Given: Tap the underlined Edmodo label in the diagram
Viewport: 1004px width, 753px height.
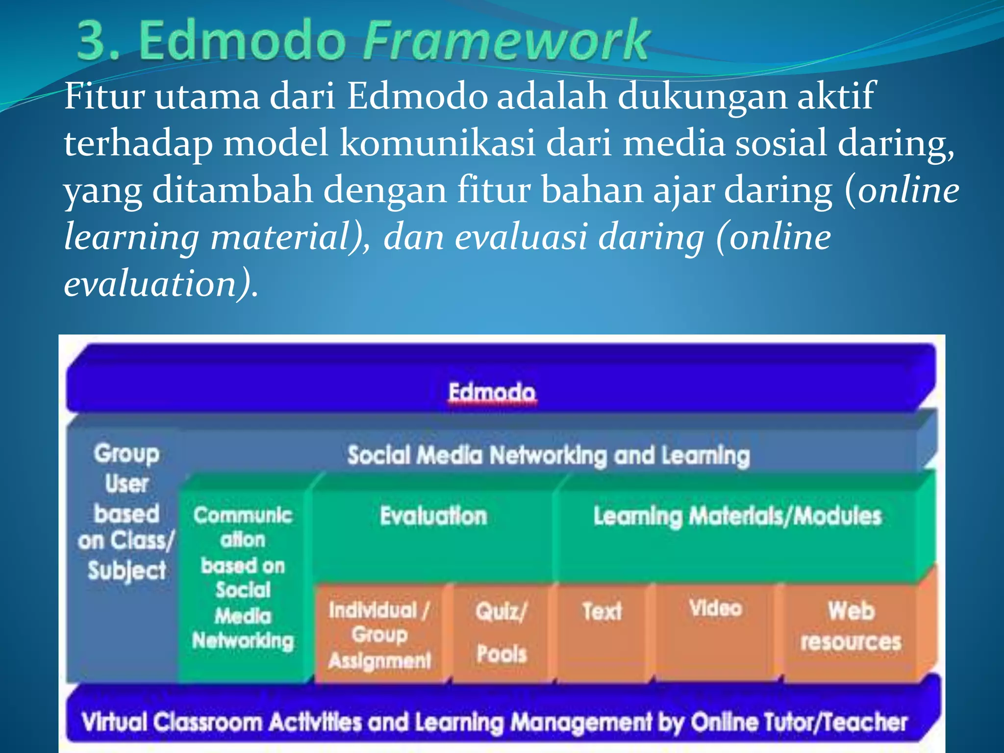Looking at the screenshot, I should [x=492, y=392].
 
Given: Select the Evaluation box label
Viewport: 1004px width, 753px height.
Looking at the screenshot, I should [x=433, y=516].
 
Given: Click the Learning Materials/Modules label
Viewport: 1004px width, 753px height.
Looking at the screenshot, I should [x=737, y=516].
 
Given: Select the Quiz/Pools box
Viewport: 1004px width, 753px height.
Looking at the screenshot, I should [x=501, y=632].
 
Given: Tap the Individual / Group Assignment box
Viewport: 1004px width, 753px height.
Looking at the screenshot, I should [x=379, y=635].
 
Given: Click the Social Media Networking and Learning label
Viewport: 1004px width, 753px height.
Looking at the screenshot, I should [x=548, y=455].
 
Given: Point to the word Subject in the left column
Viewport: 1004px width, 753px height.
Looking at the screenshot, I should [x=127, y=571].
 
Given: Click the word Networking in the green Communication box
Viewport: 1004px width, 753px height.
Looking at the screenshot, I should [x=243, y=641].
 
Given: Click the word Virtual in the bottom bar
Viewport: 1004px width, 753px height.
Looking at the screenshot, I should [x=114, y=722].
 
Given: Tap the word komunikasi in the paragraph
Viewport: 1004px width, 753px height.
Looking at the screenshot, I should [x=437, y=143].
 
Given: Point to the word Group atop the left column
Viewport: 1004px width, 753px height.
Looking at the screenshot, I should [x=127, y=453].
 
